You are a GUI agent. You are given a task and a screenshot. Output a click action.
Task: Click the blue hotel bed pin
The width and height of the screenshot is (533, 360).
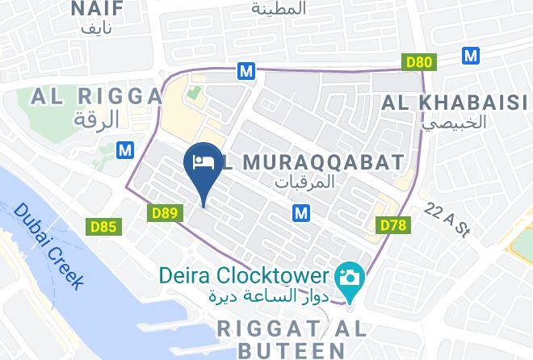(201, 161)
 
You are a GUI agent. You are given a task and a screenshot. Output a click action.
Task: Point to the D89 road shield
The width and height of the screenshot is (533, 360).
(165, 212)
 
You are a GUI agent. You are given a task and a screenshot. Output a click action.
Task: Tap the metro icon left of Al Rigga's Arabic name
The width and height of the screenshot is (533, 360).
(124, 149)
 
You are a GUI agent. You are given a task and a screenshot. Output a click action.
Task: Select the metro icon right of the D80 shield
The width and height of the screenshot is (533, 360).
(472, 56)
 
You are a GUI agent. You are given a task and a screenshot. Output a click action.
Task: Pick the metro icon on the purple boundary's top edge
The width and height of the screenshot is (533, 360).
(246, 71)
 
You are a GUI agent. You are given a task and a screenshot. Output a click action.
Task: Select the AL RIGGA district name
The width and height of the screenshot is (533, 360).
(97, 97)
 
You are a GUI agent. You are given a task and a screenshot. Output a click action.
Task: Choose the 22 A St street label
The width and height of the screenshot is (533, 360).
(450, 219)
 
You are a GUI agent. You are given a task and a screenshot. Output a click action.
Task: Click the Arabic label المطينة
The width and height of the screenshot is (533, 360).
(279, 9)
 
